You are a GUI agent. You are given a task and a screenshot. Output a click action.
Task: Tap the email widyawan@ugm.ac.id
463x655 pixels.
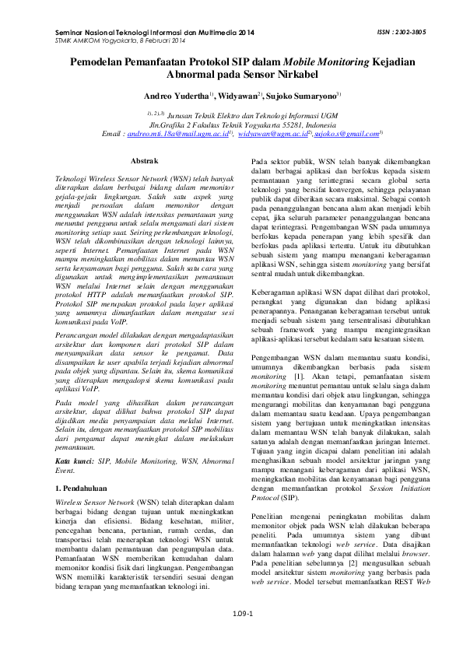(272, 134)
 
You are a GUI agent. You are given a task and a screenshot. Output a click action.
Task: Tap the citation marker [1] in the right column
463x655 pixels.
(297, 376)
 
